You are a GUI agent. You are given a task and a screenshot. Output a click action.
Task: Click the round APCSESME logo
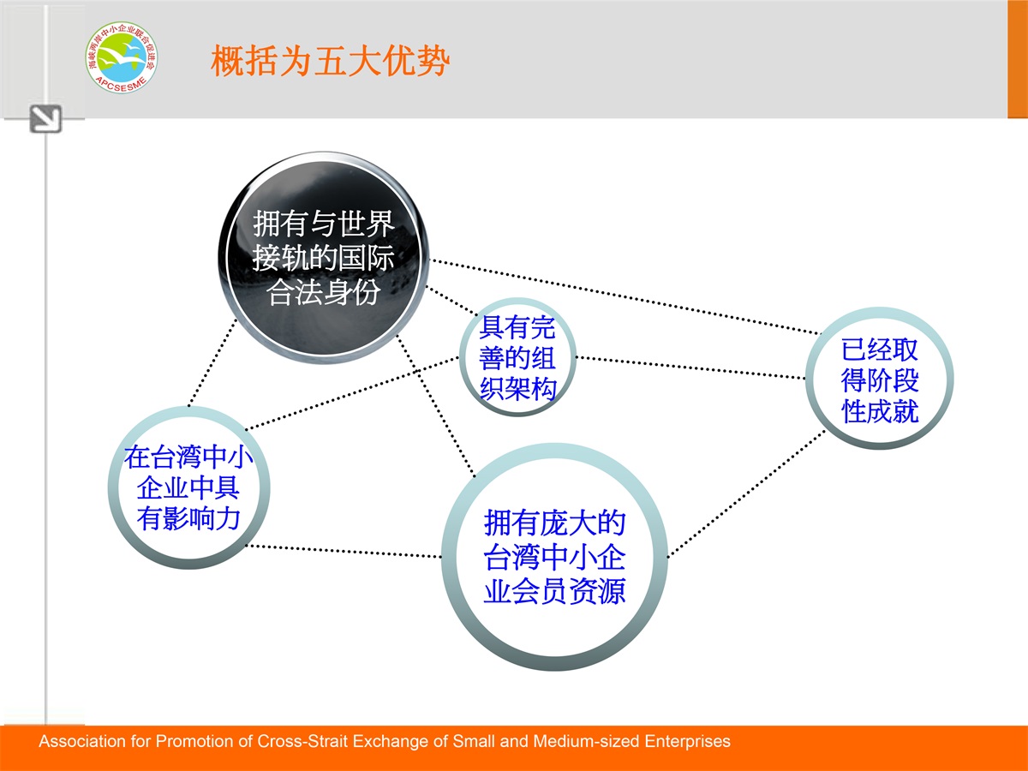click(x=122, y=57)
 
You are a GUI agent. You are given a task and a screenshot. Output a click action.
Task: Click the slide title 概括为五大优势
click(x=330, y=61)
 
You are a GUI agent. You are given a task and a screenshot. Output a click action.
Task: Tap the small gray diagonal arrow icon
click(x=45, y=119)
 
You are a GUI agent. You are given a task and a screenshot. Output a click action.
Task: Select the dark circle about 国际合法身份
click(x=324, y=257)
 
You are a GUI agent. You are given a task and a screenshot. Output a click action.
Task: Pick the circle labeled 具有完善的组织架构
click(x=517, y=357)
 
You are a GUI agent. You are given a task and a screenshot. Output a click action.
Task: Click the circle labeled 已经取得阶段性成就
click(x=880, y=379)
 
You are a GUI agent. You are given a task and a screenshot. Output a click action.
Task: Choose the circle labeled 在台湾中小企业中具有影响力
click(x=188, y=487)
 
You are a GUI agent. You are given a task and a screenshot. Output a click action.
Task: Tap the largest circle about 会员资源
click(x=554, y=557)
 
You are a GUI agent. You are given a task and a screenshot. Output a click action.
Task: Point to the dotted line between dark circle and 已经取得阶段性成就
click(x=625, y=296)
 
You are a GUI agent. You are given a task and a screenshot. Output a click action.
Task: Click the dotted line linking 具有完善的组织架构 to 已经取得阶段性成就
click(x=690, y=368)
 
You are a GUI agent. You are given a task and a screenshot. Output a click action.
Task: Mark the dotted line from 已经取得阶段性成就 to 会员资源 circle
click(x=746, y=494)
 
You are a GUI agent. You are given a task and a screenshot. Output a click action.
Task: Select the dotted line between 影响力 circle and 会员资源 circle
click(x=344, y=551)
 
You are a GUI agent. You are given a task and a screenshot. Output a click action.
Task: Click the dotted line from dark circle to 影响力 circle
click(x=212, y=362)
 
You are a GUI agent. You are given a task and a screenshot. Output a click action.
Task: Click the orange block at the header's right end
click(x=1018, y=59)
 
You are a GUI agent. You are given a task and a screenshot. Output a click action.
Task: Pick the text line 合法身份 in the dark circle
click(x=324, y=293)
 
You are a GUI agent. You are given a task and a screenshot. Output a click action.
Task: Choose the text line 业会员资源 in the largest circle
click(x=554, y=591)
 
